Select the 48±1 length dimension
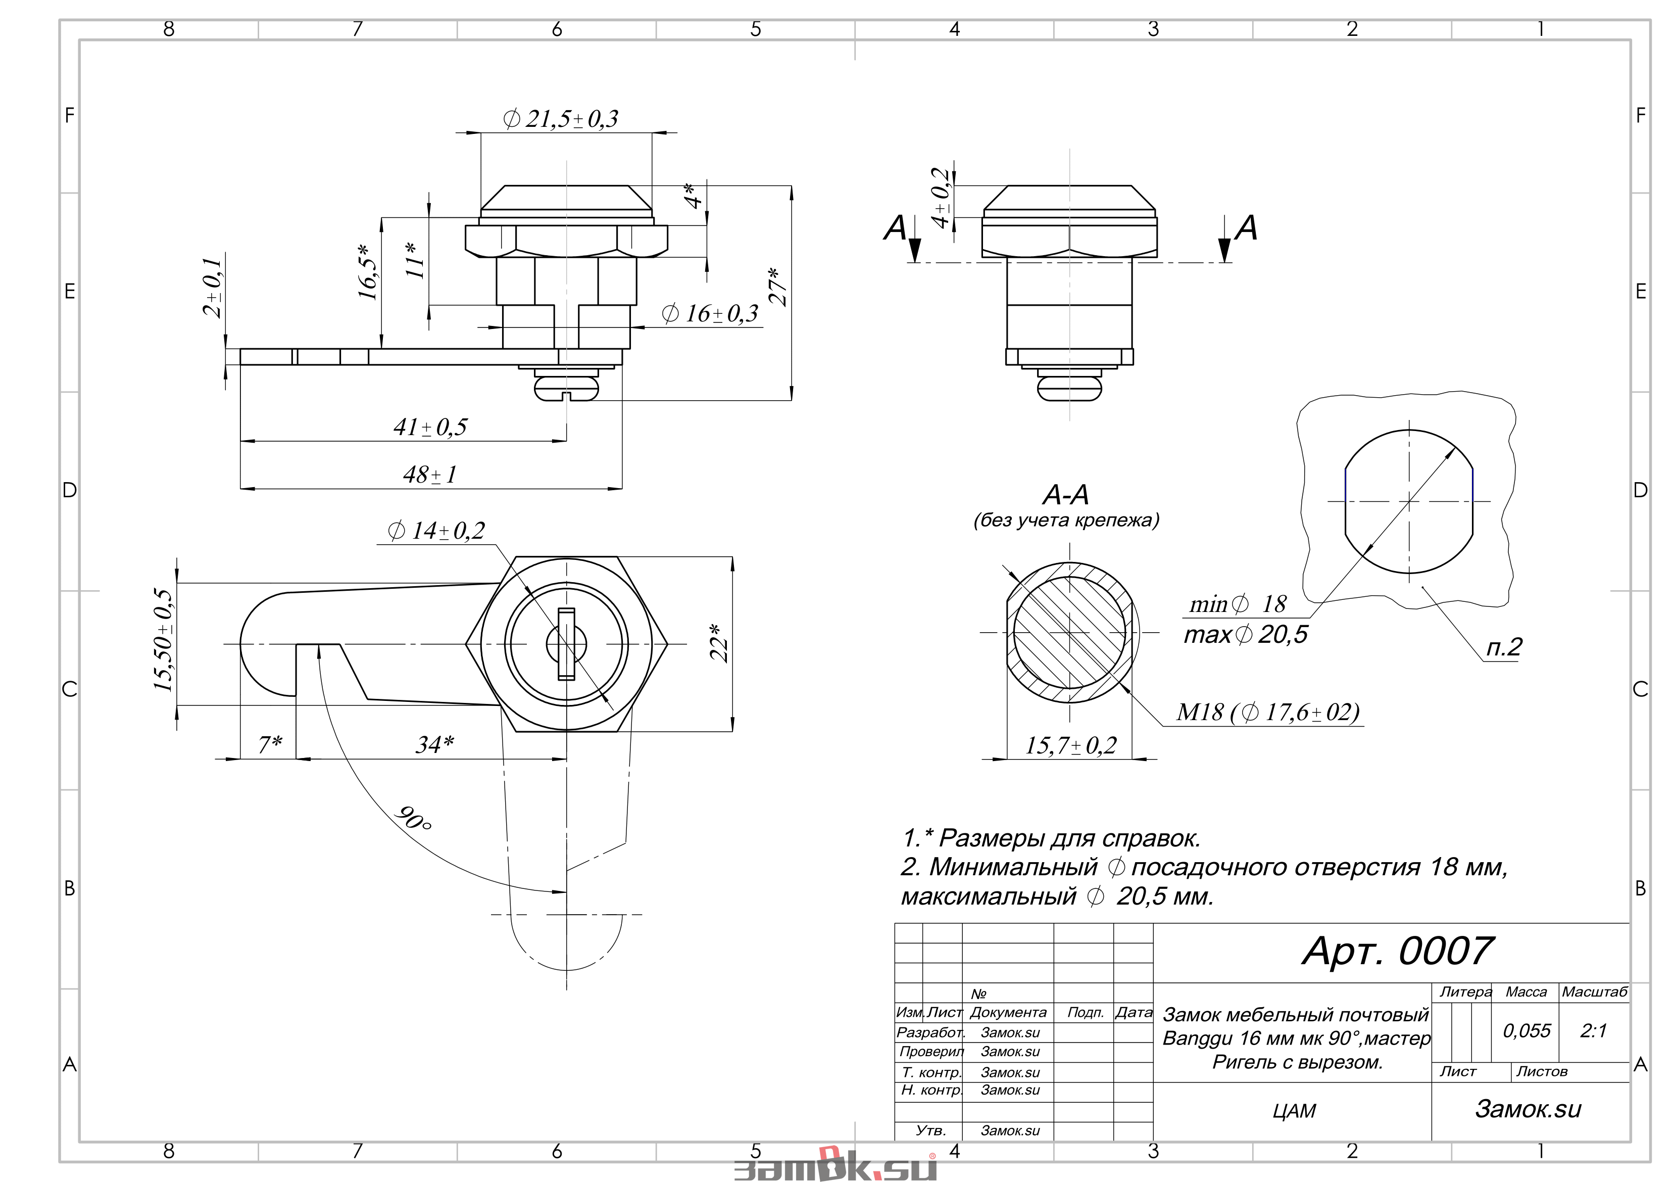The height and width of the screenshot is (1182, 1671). [430, 475]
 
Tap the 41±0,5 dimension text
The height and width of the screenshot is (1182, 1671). [430, 427]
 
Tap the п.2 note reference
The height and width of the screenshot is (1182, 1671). [1504, 647]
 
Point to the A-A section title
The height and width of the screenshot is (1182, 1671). [1066, 495]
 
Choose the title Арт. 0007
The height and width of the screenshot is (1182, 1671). [1397, 951]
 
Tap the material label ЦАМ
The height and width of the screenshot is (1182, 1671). [1295, 1111]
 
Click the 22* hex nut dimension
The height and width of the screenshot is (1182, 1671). [719, 642]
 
